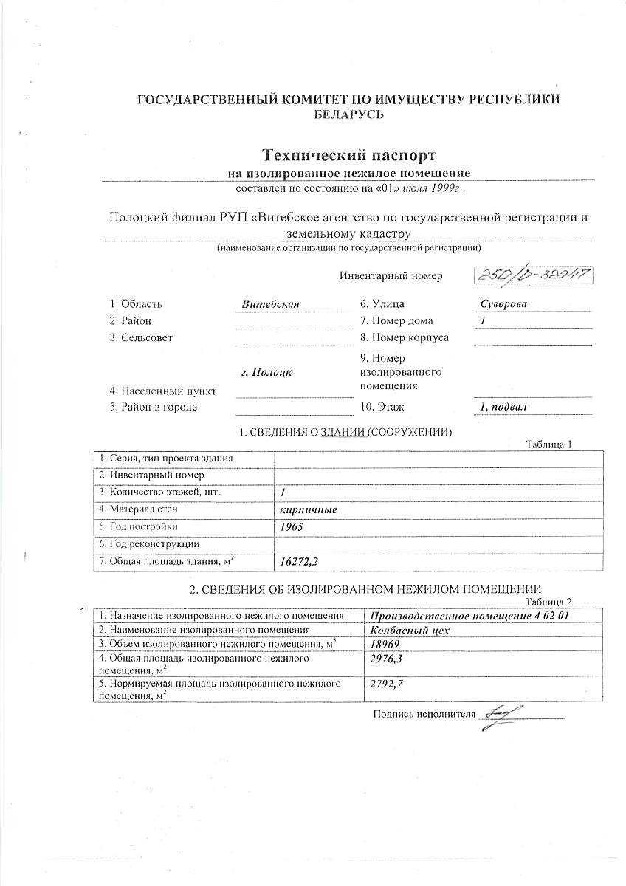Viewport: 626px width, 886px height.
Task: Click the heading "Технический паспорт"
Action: [349, 156]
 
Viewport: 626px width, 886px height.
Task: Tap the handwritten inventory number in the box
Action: [533, 275]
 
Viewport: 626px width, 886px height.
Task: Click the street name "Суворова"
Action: [503, 303]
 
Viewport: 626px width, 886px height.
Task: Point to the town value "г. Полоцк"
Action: [266, 372]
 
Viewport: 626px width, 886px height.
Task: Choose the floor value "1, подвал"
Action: [503, 407]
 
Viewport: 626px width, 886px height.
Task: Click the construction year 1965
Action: [292, 526]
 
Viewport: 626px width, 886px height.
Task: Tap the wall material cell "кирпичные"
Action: [304, 509]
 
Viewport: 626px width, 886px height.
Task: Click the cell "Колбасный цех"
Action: [410, 630]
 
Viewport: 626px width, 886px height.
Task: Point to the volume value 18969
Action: [385, 644]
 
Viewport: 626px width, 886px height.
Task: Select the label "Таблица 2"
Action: [548, 602]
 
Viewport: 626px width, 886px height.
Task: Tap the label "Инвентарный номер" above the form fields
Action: [391, 276]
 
